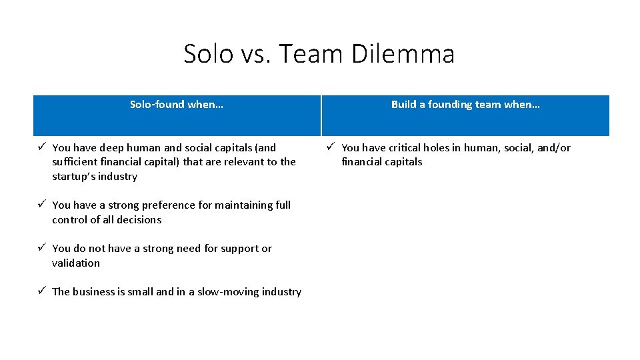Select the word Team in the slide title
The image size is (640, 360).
tap(310, 54)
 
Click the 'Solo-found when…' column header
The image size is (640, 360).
tap(177, 105)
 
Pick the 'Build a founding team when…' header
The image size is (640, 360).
tap(465, 105)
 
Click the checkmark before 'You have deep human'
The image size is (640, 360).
tap(41, 147)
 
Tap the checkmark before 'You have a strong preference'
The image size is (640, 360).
tap(41, 205)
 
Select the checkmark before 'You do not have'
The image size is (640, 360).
tap(41, 248)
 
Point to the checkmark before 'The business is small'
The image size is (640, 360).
tap(41, 291)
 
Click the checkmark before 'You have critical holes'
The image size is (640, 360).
tap(331, 147)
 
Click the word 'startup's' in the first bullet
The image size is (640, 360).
tap(73, 177)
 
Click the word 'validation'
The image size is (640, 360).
tap(76, 263)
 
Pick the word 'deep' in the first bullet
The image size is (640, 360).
tap(112, 148)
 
